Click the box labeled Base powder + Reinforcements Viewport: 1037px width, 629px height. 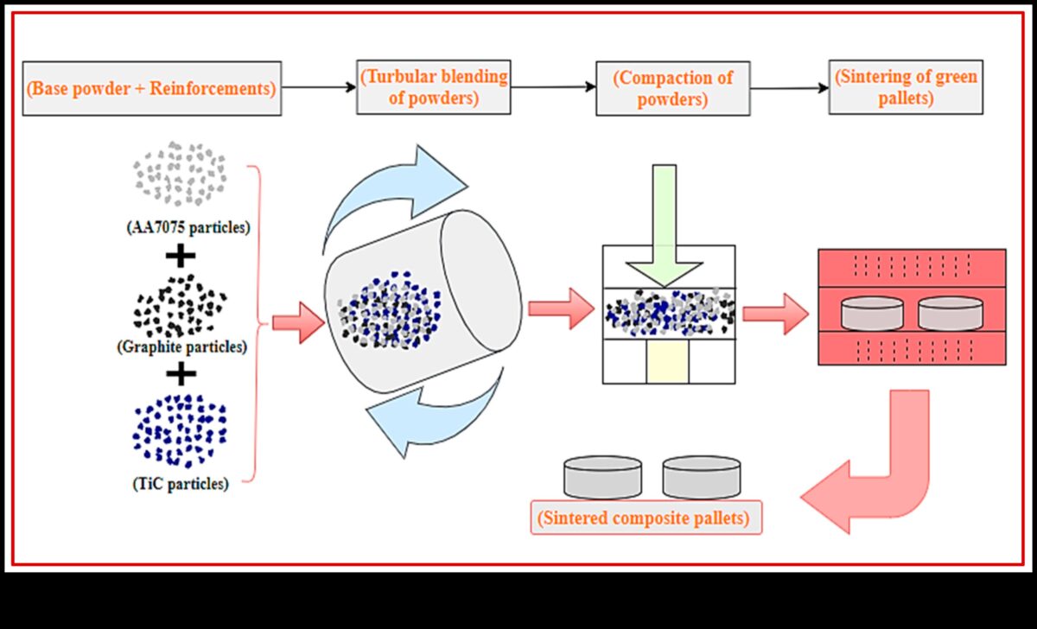(x=152, y=88)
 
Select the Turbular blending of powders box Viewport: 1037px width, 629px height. (x=433, y=87)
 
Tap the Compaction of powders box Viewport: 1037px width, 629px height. (x=672, y=87)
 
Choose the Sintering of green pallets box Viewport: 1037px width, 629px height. (x=905, y=87)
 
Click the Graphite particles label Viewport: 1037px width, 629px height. (x=181, y=347)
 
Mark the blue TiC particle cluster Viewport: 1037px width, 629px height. (x=180, y=429)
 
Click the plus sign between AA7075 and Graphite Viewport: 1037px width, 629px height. (x=180, y=256)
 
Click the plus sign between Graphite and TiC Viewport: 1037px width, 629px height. (x=180, y=373)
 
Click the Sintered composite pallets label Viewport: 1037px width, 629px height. (x=646, y=520)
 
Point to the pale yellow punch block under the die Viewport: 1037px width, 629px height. (x=667, y=361)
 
